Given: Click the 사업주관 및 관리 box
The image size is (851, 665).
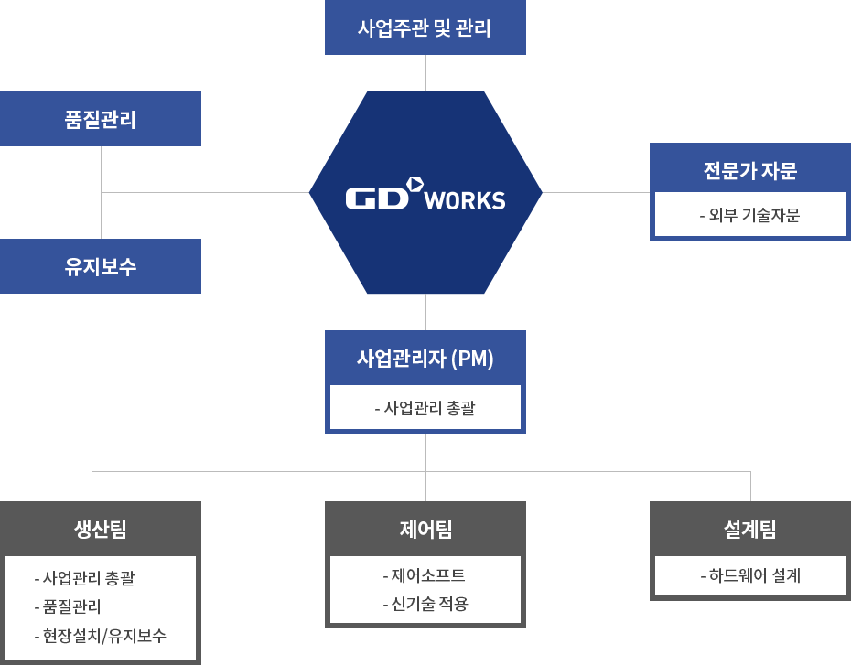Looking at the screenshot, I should click(425, 28).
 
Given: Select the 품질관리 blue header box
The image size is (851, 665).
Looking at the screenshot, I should click(101, 119).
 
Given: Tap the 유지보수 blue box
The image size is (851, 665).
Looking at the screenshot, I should click(101, 267).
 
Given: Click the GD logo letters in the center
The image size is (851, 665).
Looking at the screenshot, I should click(375, 198).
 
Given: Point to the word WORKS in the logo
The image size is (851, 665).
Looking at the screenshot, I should click(466, 200).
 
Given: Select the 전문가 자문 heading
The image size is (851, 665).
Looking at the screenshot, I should click(749, 170).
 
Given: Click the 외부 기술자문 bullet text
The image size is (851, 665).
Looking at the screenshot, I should click(749, 216).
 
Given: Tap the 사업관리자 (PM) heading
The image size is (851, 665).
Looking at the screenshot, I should click(425, 359).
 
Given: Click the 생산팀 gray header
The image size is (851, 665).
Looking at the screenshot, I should click(100, 529).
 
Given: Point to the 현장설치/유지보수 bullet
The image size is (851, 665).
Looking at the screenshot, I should click(100, 636).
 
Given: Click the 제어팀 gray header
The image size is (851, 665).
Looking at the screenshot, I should click(425, 529).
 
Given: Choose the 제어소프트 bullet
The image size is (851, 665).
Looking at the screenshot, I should click(424, 575).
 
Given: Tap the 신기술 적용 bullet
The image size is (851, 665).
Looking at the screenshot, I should click(425, 604).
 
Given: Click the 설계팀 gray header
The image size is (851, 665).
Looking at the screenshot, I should click(749, 529).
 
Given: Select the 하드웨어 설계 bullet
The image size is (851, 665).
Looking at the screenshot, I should click(749, 575).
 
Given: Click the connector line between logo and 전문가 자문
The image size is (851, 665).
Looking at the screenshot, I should click(597, 192).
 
